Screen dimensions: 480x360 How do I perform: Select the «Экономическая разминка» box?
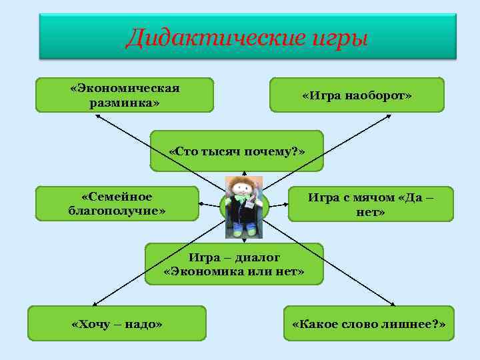[x=125, y=95]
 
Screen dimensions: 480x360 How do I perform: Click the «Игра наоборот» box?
[x=357, y=95]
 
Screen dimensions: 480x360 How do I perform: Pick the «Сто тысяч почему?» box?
[x=237, y=151]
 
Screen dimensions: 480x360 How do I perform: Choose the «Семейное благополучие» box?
[x=117, y=203]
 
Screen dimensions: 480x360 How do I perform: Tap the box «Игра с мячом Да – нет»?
[x=371, y=204]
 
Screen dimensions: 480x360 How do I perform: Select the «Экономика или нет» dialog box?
[x=234, y=264]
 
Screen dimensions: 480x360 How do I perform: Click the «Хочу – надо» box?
[x=117, y=323]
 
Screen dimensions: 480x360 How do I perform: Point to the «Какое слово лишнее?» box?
[x=369, y=323]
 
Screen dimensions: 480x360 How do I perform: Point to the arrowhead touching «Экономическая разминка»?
[x=97, y=115]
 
